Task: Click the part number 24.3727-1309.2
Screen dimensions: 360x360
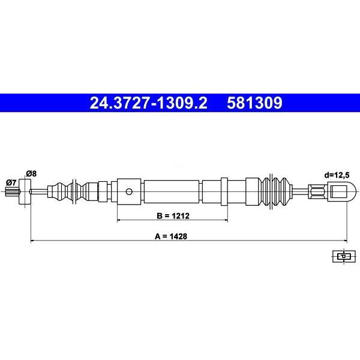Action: [149, 103]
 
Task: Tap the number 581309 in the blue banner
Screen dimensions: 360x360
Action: [254, 103]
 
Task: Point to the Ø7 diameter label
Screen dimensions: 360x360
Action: [11, 183]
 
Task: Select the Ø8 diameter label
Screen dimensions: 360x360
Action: [31, 173]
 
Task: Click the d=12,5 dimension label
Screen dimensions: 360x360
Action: [337, 175]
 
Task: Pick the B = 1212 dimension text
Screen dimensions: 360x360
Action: [173, 216]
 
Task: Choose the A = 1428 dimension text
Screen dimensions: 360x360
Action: [171, 236]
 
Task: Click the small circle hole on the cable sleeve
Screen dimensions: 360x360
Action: [129, 191]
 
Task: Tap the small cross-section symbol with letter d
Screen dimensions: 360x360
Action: [344, 256]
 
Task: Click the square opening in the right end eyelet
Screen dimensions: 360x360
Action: [338, 191]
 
